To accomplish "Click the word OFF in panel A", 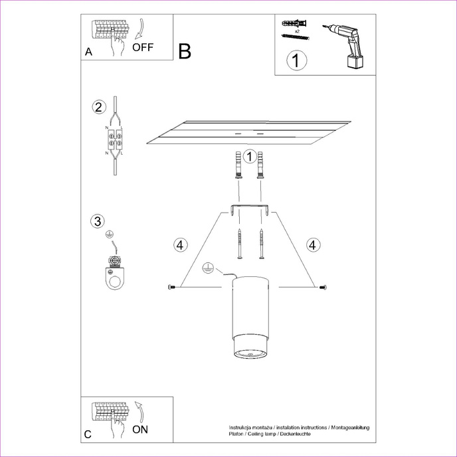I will [143, 47].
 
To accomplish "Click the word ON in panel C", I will [140, 429].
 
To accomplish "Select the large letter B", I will [185, 51].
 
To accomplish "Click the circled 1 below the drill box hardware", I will [296, 60].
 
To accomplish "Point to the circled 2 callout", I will [98, 107].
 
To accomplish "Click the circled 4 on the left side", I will [178, 244].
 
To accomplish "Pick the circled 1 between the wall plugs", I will [249, 157].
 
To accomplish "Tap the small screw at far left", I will [172, 287].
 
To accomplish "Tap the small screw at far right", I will [323, 287].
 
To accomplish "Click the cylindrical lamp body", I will [250, 319].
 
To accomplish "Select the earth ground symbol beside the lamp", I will [207, 269].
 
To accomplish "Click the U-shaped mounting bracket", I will [250, 211].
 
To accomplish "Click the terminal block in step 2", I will [115, 139].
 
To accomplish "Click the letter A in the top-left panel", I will [88, 52].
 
